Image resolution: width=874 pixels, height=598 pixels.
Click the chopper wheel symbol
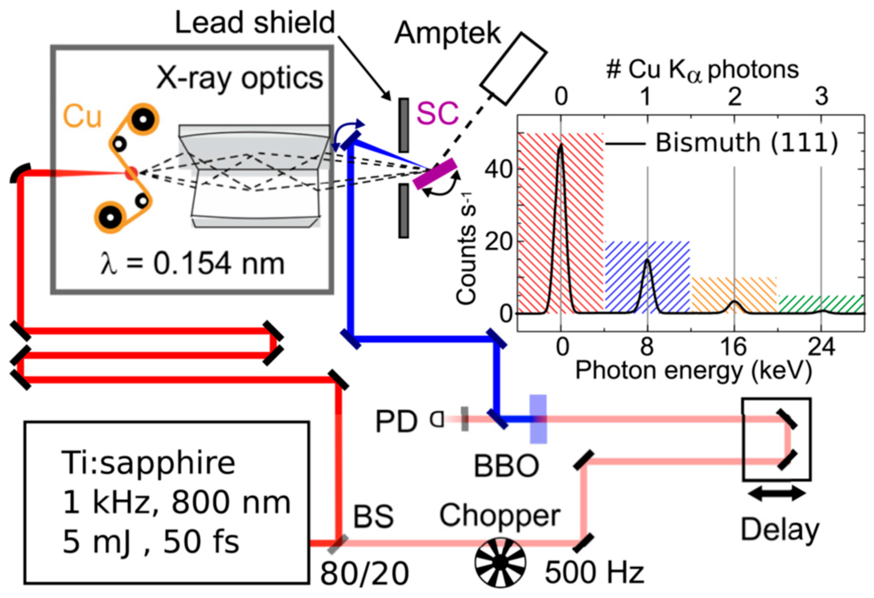click(500, 562)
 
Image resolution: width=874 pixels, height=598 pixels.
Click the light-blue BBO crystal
click(538, 419)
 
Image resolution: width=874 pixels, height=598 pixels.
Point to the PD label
click(396, 421)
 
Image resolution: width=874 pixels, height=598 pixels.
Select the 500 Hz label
click(594, 572)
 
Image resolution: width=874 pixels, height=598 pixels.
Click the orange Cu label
click(82, 116)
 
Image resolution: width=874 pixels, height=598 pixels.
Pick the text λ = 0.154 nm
click(192, 264)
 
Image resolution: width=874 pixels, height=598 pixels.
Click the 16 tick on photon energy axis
click(733, 346)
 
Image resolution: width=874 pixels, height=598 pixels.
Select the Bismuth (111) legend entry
click(722, 144)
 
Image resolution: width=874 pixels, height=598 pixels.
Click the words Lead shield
click(255, 22)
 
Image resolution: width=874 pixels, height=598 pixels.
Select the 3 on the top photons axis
click(822, 96)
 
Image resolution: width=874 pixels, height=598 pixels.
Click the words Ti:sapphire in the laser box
click(148, 463)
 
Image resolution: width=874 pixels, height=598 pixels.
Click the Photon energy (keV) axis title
click(693, 371)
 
